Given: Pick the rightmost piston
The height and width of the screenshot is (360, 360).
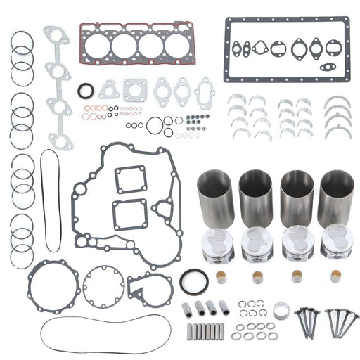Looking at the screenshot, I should coord(335,243).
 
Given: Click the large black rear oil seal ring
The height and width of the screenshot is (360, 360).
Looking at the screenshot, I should coord(194,281).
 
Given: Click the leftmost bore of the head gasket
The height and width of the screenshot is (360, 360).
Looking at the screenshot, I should coord(99,46).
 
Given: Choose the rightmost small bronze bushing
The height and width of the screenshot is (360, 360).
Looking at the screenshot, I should coord(334,275).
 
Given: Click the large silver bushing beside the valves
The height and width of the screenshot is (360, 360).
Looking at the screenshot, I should coord(282,309).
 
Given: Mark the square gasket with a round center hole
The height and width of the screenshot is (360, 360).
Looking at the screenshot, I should coord(135,89).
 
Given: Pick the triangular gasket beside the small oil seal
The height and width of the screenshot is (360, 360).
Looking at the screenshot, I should coord(109,89).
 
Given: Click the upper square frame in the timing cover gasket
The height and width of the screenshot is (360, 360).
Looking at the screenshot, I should coord(130,179).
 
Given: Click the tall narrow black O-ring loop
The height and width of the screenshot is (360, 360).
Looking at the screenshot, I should coord(47,200).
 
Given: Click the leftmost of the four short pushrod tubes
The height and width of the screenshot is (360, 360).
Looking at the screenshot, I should coord(188,307).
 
